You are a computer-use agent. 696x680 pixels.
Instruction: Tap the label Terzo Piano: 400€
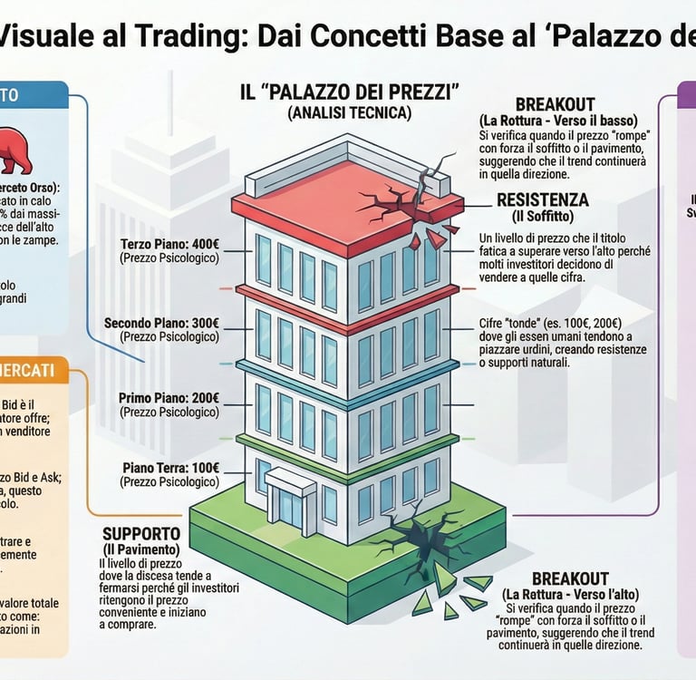point(169,244)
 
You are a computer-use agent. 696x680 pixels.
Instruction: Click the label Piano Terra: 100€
point(171,467)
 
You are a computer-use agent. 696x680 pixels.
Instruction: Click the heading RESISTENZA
point(543,199)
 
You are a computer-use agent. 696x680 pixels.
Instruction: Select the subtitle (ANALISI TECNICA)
point(349,113)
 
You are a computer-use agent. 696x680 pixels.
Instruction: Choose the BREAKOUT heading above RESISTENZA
point(556,104)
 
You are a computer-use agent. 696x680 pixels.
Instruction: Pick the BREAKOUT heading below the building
point(570,578)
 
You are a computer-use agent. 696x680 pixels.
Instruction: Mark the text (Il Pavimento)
point(140,549)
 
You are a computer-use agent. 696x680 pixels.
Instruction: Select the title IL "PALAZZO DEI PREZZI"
point(349,92)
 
